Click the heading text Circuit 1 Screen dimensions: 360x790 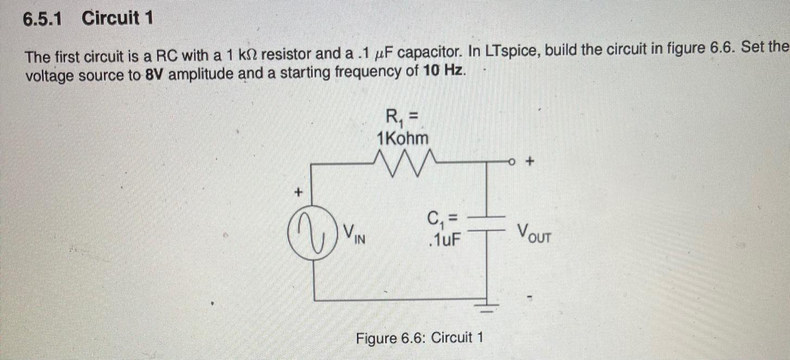point(117,19)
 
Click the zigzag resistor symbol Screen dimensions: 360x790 point(402,161)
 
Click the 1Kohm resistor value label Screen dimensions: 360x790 point(402,138)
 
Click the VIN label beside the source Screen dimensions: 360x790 point(356,234)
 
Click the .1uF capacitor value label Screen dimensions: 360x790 point(443,239)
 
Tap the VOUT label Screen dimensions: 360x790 point(534,233)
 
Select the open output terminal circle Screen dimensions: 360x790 point(512,161)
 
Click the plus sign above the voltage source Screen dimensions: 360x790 point(298,192)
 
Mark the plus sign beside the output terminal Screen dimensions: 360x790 point(530,161)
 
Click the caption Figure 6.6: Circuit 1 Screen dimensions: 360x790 point(419,338)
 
